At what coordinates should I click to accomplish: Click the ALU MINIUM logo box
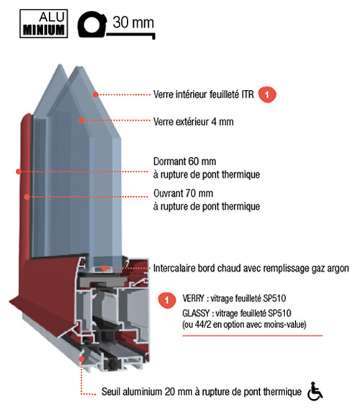44,24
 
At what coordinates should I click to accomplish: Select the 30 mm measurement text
133,22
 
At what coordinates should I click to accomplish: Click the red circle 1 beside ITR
267,94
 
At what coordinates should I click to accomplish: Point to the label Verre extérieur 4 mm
194,122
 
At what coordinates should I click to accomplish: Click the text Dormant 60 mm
184,161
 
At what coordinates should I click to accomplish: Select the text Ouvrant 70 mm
184,193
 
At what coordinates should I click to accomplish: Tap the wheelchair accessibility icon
315,391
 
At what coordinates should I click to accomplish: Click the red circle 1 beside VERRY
167,300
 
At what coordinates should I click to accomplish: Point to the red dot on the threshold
82,359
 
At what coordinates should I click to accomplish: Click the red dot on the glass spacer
104,268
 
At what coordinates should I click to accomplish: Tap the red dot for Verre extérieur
81,120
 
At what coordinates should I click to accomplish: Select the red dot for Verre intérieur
96,94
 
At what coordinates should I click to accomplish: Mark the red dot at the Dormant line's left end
18,171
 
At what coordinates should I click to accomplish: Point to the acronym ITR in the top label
248,94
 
